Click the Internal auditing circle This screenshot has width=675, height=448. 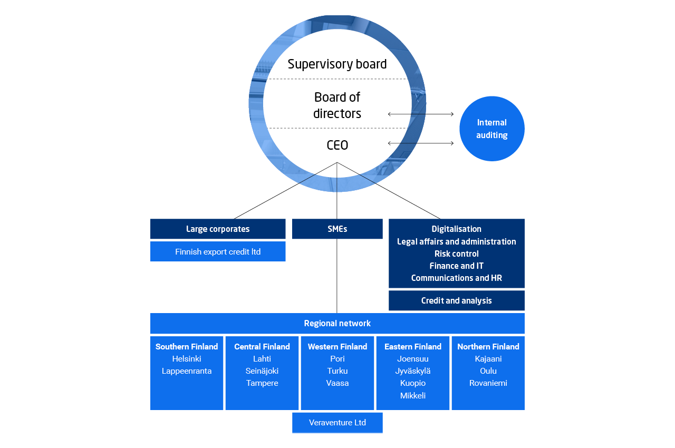(491, 129)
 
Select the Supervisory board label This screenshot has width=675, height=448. (337, 64)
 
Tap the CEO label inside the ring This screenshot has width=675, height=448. (337, 145)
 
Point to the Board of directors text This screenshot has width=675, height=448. (337, 105)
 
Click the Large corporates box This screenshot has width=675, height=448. (218, 229)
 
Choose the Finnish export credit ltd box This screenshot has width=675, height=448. (218, 251)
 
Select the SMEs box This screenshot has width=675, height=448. (337, 229)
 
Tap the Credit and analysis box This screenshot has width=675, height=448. (456, 300)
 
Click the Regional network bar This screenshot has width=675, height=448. (337, 323)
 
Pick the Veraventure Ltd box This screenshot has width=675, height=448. (337, 423)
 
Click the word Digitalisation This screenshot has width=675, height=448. (456, 229)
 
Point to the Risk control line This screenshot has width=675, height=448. (456, 254)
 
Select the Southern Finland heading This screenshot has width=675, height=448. (187, 347)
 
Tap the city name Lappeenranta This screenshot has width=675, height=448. (187, 371)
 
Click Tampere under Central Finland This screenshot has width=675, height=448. (262, 383)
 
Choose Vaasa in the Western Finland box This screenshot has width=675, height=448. (337, 383)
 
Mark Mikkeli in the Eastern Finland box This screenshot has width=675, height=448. (413, 395)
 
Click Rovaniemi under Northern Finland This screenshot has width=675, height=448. (488, 383)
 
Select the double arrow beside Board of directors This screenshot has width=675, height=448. (421, 114)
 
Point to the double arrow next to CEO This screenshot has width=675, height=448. (421, 143)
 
